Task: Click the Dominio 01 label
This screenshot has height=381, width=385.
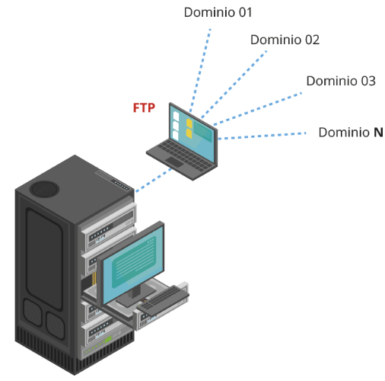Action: [x=218, y=12]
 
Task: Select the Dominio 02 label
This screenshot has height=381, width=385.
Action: [x=285, y=40]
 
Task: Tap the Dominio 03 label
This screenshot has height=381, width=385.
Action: [x=341, y=81]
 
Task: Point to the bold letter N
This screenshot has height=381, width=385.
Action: [x=378, y=133]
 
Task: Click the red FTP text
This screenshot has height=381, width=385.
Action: [x=144, y=107]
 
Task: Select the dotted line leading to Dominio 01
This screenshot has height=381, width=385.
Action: [x=200, y=70]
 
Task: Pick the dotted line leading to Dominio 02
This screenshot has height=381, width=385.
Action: [x=234, y=85]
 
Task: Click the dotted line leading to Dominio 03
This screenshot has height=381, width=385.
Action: [x=258, y=109]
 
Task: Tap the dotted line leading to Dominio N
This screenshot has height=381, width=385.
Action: [x=262, y=136]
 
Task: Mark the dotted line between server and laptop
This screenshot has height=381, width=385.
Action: [x=154, y=180]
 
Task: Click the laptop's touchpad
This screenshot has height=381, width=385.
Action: [x=174, y=162]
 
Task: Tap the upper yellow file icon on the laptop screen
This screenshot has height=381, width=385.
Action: [x=189, y=123]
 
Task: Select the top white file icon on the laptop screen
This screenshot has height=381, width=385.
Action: [x=176, y=117]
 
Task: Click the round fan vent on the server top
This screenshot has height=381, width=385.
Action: [x=44, y=189]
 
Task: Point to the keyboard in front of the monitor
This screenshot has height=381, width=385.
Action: [x=164, y=300]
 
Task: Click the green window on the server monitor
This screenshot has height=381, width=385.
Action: [x=134, y=261]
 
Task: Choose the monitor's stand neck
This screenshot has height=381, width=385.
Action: [x=135, y=291]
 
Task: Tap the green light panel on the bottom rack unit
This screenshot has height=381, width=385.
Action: [x=108, y=339]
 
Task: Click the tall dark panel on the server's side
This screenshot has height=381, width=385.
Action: [x=45, y=259]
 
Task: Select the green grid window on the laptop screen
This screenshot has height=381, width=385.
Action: [x=202, y=131]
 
